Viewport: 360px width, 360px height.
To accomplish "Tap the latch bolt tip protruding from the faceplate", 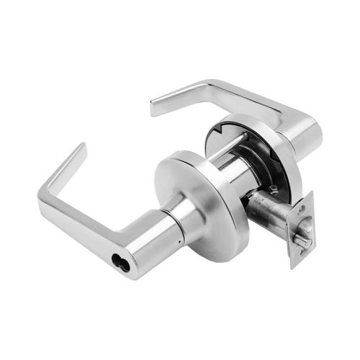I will tap(305, 240).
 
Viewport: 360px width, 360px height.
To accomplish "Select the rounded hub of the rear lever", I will tap(299, 137).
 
